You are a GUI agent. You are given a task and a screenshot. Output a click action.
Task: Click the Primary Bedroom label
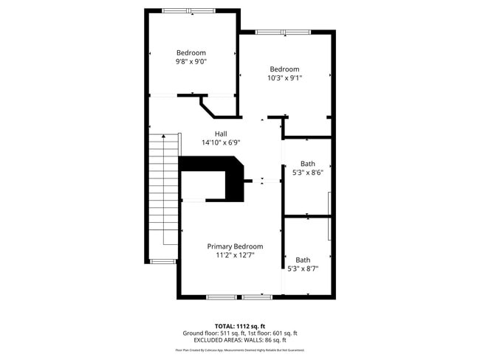tap(235, 246)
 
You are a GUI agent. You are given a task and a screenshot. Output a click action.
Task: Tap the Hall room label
tap(221, 134)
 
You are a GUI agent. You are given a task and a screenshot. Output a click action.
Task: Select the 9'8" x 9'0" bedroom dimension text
tap(191, 62)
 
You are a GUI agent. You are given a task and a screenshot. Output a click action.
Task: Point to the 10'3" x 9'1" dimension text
tap(284, 77)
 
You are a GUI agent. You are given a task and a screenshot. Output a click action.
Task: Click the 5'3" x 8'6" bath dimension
tap(307, 172)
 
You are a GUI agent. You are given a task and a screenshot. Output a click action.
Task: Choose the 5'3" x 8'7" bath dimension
tap(303, 269)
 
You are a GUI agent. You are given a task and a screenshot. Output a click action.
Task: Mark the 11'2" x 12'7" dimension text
tap(235, 255)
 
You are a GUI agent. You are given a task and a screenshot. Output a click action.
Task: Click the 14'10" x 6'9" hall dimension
tap(221, 142)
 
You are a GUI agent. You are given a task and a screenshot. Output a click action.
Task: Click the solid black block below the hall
tap(222, 177)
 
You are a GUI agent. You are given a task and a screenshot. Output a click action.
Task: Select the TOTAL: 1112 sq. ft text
tap(239, 325)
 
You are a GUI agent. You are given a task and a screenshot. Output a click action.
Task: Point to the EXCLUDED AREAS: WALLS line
tap(239, 340)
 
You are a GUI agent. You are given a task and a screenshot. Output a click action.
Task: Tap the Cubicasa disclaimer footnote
tap(239, 350)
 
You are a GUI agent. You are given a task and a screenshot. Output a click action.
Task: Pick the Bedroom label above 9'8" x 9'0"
tap(191, 52)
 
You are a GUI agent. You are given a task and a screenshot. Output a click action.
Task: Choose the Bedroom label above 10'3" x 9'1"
tap(284, 69)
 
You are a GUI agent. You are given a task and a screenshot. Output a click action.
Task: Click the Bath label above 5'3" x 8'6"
tap(307, 163)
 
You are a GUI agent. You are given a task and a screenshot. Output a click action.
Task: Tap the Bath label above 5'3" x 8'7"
tap(303, 260)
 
